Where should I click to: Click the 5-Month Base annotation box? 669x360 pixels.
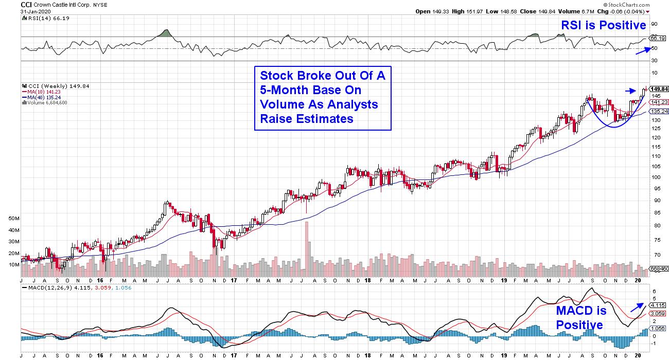point(323,98)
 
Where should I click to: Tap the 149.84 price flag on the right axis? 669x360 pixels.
point(659,88)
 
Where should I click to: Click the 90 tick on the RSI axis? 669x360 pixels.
point(654,24)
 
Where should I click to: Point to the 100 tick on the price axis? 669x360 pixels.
point(656,177)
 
